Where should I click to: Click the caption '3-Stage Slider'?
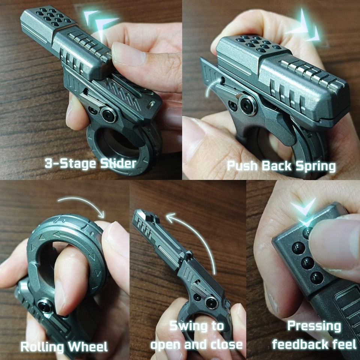90,163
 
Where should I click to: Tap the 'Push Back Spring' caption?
281,165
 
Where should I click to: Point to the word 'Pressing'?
314,326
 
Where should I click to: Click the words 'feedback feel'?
314,344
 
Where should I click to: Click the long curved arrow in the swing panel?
195,236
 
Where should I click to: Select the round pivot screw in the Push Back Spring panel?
248,105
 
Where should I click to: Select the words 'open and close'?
196,344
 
